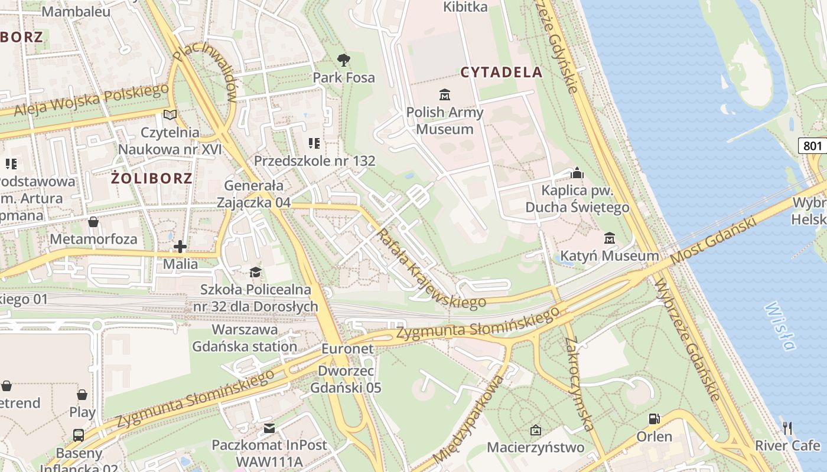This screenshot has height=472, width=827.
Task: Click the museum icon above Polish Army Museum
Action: click(444, 94)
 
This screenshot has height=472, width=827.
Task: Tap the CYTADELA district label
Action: click(501, 72)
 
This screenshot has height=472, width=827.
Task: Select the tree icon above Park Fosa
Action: click(343, 60)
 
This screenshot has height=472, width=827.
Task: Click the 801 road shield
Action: click(812, 146)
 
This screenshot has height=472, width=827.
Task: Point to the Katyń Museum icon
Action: click(609, 238)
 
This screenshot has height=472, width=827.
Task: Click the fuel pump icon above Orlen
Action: click(654, 419)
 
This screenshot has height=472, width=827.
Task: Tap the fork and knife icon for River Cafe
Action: click(787, 428)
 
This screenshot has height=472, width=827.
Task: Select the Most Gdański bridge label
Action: click(714, 240)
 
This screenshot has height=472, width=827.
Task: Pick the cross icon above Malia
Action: click(180, 246)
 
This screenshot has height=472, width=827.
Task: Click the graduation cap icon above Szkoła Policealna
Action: click(255, 272)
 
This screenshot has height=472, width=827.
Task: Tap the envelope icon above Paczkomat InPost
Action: click(269, 428)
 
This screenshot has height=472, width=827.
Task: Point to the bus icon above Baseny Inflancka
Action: click(79, 435)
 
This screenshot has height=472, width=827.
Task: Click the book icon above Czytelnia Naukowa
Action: click(170, 114)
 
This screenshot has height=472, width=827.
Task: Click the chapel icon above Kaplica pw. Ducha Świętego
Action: click(577, 173)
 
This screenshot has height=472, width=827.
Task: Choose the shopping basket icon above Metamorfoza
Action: click(93, 222)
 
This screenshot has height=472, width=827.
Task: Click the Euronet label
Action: click(347, 349)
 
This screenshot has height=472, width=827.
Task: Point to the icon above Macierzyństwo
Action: click(536, 430)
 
